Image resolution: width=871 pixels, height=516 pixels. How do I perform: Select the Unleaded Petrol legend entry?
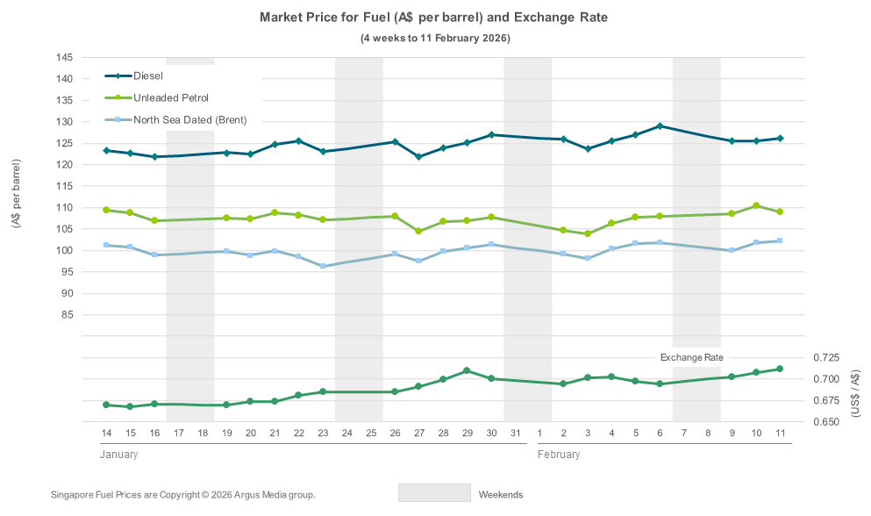[170, 97]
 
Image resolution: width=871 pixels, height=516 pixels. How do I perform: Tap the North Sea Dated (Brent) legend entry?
[189, 119]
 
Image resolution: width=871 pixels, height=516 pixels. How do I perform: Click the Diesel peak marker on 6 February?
[660, 125]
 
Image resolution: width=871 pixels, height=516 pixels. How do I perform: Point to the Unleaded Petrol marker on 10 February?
[756, 205]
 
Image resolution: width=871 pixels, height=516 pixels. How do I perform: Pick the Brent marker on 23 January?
[323, 266]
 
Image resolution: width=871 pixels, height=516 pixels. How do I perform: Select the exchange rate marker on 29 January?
[467, 370]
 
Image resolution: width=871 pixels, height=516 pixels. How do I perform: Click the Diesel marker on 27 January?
[418, 157]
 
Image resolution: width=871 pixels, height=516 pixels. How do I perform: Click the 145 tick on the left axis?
[64, 57]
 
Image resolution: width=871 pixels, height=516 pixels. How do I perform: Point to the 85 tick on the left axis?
[67, 314]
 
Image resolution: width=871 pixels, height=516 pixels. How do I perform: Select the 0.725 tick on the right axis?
[827, 357]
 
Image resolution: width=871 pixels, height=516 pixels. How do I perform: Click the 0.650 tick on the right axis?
[827, 422]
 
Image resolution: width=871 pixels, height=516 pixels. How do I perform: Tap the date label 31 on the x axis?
[515, 434]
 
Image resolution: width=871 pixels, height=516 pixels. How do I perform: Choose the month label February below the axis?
[559, 455]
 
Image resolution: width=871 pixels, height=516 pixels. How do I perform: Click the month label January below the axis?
[118, 455]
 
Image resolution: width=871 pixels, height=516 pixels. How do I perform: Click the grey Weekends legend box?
[434, 493]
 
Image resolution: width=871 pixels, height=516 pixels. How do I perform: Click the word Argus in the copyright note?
[250, 495]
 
